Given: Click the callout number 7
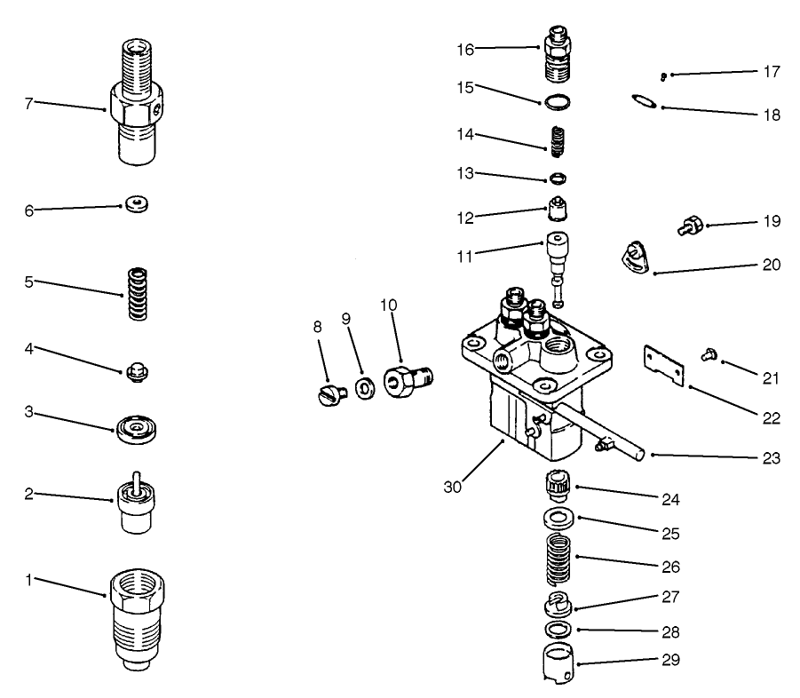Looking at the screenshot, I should [x=28, y=103].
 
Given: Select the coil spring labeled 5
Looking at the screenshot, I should [x=136, y=294].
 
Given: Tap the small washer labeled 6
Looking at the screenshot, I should [x=136, y=205].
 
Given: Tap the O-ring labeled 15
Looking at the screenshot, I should [x=557, y=102].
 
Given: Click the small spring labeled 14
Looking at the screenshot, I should [x=557, y=139].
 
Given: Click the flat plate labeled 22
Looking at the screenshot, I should [x=666, y=368].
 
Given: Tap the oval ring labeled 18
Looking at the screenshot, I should [x=645, y=101].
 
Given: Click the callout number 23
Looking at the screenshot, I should [x=771, y=458].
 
